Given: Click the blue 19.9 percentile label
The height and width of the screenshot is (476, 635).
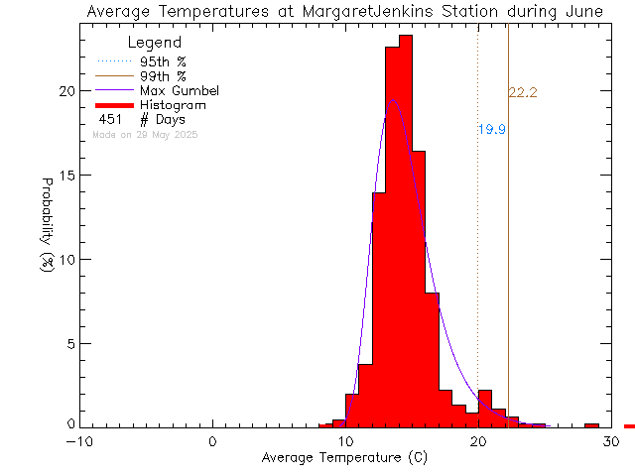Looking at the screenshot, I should [492, 130].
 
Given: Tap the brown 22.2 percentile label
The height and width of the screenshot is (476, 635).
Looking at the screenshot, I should [523, 93].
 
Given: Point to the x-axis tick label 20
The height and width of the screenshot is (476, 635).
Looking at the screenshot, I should [477, 442].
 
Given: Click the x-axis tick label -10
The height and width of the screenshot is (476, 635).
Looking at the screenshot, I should [80, 442].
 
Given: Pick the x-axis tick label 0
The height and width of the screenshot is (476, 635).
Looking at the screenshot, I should [213, 442].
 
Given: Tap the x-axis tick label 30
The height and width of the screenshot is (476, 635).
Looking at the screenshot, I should [611, 442].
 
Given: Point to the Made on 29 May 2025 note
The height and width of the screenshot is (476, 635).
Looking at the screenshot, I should [145, 134].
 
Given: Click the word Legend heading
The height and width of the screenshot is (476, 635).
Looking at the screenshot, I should [155, 44].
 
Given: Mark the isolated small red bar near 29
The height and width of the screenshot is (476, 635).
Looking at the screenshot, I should [591, 425].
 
